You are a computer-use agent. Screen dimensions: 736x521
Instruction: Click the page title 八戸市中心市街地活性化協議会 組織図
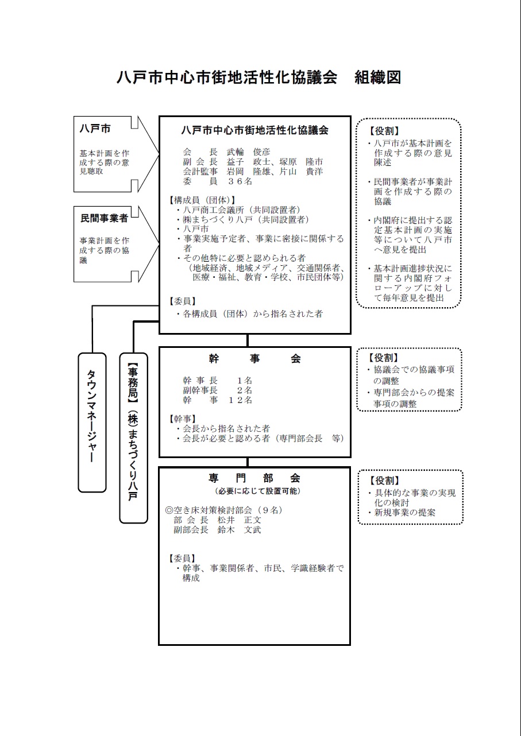[x=259, y=78]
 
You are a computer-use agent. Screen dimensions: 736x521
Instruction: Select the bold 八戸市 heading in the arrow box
[x=95, y=129]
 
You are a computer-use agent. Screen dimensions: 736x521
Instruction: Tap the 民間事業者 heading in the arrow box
[x=103, y=219]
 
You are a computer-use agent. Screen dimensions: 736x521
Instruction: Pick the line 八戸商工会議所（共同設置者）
[x=241, y=210]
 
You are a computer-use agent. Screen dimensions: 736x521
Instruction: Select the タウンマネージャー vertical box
[x=92, y=422]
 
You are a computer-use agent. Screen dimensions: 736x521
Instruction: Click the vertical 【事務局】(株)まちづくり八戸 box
[x=133, y=437]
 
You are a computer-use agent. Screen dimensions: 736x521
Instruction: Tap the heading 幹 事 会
[x=254, y=359]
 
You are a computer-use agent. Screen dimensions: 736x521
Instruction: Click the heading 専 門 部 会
[x=254, y=478]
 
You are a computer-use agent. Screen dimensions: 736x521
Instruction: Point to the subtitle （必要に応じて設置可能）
[x=254, y=491]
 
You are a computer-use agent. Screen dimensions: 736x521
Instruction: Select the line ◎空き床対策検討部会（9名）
[x=224, y=510]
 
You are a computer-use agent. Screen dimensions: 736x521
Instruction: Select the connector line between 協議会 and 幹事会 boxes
[x=248, y=340]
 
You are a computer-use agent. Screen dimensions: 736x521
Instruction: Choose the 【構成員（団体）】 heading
[x=202, y=200]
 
